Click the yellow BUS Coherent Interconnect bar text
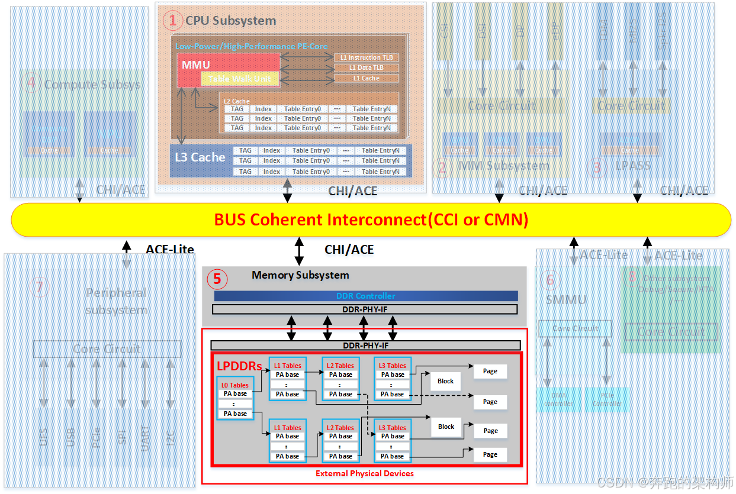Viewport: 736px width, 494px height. (371, 220)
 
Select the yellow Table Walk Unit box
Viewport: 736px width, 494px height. (239, 79)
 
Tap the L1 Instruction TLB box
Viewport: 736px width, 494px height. (367, 57)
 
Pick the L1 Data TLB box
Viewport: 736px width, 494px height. (367, 67)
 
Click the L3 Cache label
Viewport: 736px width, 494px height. (200, 157)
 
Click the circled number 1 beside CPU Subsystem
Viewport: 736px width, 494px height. (173, 21)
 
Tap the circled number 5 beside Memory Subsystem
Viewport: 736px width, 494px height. (217, 278)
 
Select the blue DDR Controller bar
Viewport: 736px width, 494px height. (365, 296)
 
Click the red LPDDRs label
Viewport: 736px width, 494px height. (239, 366)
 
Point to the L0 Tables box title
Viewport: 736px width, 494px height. (235, 385)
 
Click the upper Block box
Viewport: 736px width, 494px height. (445, 381)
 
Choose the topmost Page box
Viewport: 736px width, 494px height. (490, 371)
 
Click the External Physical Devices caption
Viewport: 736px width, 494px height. (364, 473)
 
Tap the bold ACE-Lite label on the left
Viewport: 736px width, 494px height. (170, 249)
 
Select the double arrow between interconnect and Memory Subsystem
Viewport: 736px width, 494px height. (299, 251)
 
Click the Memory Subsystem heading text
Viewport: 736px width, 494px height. (300, 275)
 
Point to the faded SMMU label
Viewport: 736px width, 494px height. (565, 299)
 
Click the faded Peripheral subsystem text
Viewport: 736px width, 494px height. (116, 301)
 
